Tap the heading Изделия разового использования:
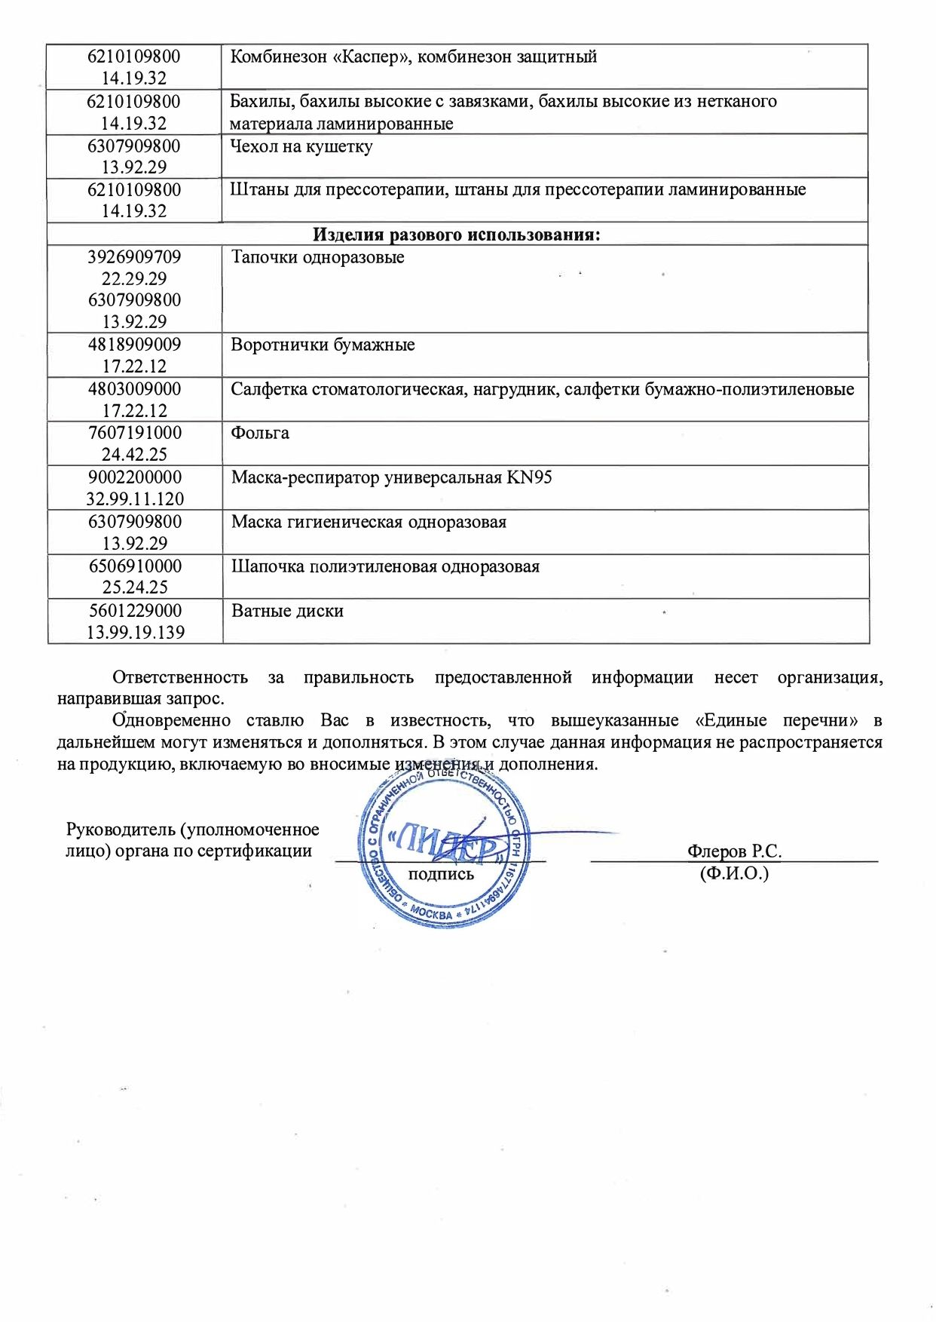pos(457,235)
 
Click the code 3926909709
pos(134,257)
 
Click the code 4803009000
pos(134,389)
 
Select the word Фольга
pos(260,433)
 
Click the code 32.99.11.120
pos(135,499)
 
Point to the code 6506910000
pos(134,566)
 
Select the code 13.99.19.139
pos(136,633)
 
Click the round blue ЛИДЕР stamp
pos(444,848)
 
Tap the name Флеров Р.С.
pos(734,851)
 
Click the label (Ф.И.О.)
pos(734,874)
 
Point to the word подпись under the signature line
pos(441,875)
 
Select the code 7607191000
pos(134,433)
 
